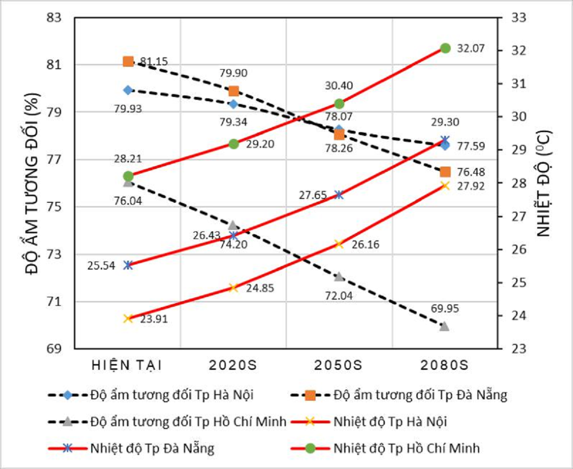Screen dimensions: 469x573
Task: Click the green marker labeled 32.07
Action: click(x=445, y=48)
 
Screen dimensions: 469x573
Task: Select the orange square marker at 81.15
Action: click(x=128, y=62)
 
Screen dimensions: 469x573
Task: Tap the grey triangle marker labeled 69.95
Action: click(x=445, y=326)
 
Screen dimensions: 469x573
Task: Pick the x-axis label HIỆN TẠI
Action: click(x=127, y=365)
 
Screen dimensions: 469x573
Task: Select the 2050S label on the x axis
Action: click(x=339, y=365)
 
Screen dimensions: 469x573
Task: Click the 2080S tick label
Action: click(x=444, y=365)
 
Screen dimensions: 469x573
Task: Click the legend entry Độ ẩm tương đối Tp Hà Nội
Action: click(x=171, y=395)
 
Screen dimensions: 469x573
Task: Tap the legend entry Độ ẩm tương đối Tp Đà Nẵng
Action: click(x=420, y=395)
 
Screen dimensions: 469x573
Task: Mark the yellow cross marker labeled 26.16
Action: click(x=339, y=244)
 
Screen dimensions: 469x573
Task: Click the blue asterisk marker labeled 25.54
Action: click(x=127, y=265)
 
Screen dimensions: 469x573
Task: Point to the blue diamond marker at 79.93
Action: click(x=127, y=90)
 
